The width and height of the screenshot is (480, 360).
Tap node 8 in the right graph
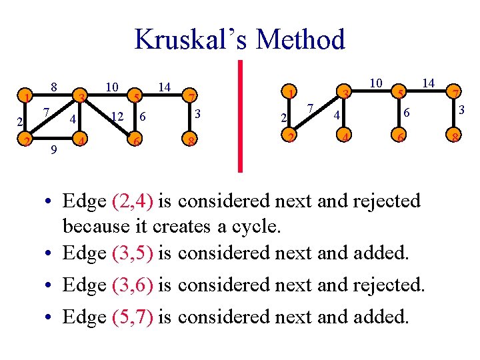coord(455,139)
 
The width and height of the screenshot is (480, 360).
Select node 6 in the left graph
coord(135,141)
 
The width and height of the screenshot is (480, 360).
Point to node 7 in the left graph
coord(191,98)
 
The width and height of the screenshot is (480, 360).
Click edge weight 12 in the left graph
coord(118,117)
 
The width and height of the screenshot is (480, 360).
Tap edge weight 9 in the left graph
coord(53,151)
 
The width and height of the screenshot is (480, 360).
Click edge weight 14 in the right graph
coord(429,83)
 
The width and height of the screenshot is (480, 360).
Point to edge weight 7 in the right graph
coord(311,108)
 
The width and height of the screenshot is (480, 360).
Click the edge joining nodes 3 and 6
coord(107,119)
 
